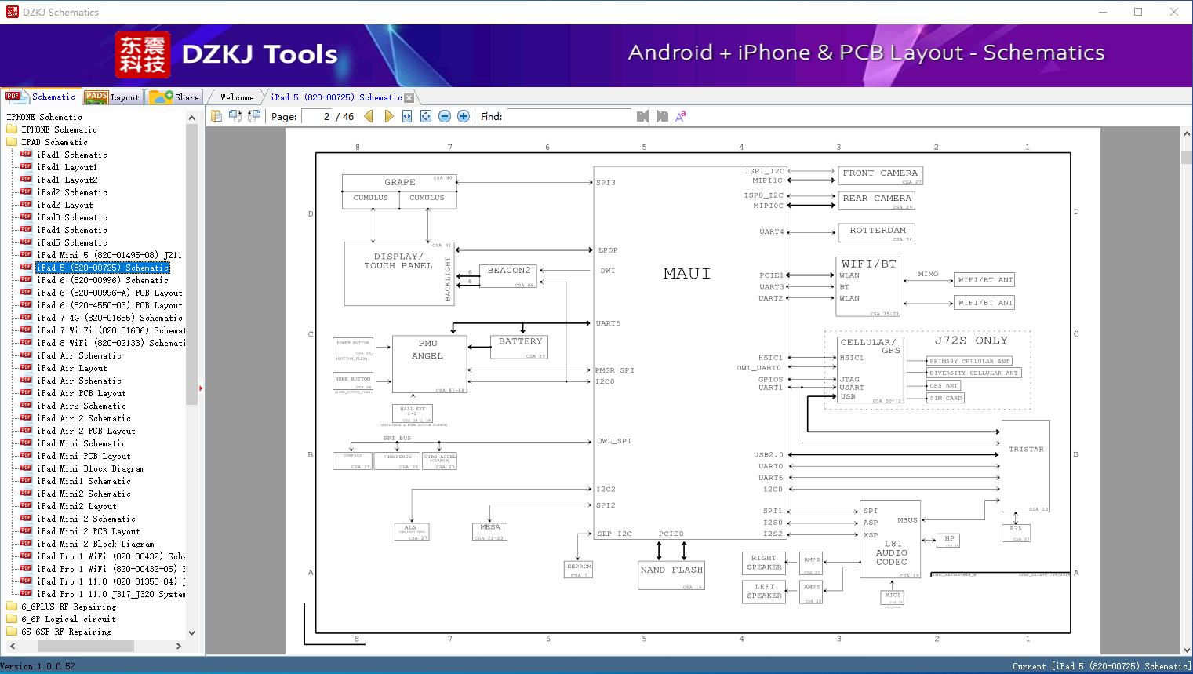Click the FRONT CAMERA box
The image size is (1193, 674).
(879, 175)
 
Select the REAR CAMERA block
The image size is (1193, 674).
(876, 200)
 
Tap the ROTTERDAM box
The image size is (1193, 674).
(876, 232)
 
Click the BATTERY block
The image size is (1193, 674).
(519, 346)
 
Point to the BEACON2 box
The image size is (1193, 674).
(508, 275)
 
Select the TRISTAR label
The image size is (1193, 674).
(1026, 450)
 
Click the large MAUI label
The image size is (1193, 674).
(687, 274)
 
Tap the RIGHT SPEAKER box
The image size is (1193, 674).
(763, 563)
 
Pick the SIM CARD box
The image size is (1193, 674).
(945, 398)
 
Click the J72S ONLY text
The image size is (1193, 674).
(970, 341)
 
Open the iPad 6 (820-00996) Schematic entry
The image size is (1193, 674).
(102, 280)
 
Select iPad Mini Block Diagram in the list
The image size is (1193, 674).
(90, 468)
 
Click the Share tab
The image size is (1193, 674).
(175, 97)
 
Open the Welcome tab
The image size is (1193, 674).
(236, 97)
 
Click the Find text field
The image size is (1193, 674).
(569, 116)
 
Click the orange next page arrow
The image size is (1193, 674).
(389, 116)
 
